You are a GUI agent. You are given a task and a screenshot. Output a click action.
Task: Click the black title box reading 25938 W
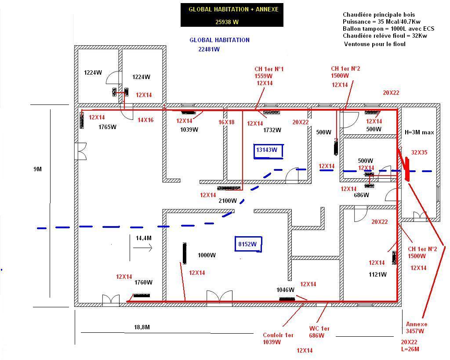pyautogui.click(x=232, y=15)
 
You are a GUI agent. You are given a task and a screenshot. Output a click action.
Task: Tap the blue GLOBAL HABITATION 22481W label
pyautogui.click(x=219, y=44)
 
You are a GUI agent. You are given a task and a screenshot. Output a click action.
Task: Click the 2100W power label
pyautogui.click(x=228, y=201)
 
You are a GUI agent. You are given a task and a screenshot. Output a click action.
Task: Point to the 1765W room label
pyautogui.click(x=107, y=127)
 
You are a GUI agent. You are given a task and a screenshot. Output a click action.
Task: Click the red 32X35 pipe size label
pyautogui.click(x=419, y=153)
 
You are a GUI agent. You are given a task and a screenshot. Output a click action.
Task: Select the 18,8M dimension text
pyautogui.click(x=142, y=327)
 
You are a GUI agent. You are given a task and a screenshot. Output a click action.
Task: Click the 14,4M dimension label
pyautogui.click(x=144, y=238)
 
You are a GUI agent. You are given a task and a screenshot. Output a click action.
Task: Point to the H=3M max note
pyautogui.click(x=419, y=132)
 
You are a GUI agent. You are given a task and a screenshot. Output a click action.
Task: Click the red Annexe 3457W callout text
pyautogui.click(x=416, y=328)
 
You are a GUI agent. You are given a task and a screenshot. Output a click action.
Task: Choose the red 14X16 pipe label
pyautogui.click(x=145, y=120)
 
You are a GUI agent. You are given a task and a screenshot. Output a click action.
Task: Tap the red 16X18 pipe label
pyautogui.click(x=226, y=122)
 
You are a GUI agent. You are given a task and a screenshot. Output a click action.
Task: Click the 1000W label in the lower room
pyautogui.click(x=207, y=255)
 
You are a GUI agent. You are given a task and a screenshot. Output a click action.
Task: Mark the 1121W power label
pyautogui.click(x=377, y=274)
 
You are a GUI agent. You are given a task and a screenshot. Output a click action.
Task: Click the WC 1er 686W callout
pyautogui.click(x=319, y=332)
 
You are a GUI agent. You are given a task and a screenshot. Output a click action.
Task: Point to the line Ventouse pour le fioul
pyautogui.click(x=374, y=44)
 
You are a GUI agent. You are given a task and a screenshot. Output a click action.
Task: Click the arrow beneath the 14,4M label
pyautogui.click(x=142, y=248)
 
